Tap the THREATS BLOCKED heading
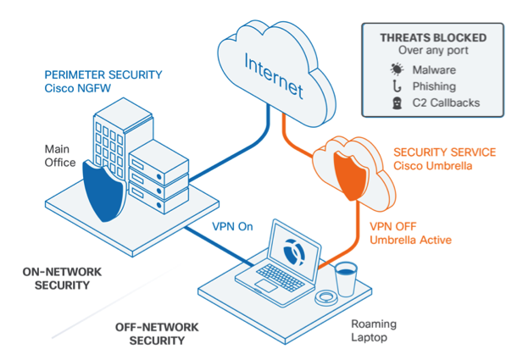pos(433,38)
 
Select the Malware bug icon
pos(397,69)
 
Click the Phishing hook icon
pos(397,87)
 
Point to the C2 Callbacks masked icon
pos(397,104)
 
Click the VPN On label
pos(233,226)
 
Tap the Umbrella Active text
pos(410,241)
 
